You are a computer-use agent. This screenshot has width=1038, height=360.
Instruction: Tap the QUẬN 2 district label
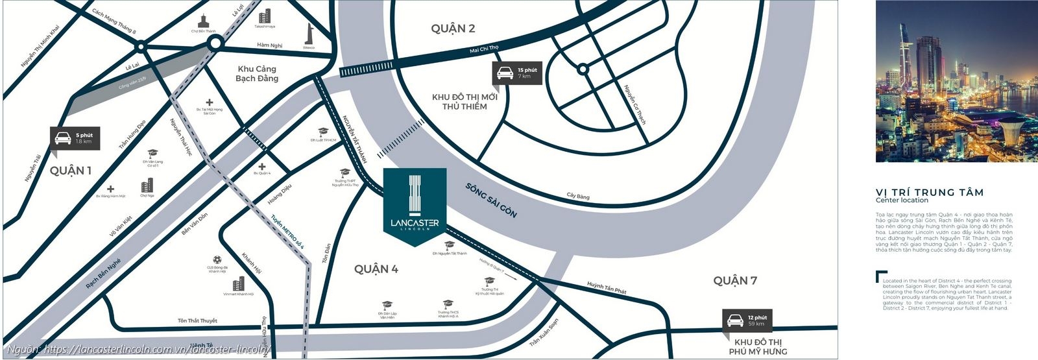coord(453,28)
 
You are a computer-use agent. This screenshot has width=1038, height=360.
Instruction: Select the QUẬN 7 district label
coord(735,280)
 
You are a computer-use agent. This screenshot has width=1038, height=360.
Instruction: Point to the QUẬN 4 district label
coord(376,269)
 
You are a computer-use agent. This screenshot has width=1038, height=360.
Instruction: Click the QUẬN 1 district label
coord(71,171)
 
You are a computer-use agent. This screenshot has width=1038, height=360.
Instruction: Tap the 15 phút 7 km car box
coord(517,73)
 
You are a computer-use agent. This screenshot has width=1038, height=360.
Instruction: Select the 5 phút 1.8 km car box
coord(75,138)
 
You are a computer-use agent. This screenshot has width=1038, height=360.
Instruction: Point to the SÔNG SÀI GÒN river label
coord(491,200)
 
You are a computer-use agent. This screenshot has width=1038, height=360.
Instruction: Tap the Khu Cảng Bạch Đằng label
coord(257,73)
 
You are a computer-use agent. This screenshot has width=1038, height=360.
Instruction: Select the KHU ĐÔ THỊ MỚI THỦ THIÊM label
coord(465,102)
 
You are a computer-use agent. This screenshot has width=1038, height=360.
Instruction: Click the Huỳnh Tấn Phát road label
coord(607,287)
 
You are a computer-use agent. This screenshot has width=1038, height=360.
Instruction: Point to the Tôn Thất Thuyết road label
coord(197,321)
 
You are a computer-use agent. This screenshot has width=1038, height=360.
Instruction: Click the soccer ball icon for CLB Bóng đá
coord(219,258)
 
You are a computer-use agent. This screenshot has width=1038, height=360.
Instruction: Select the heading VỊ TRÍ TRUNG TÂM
coord(929,192)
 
